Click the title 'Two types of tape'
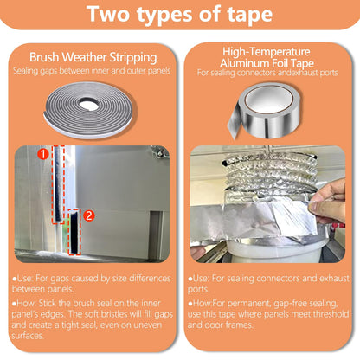pyautogui.click(x=179, y=16)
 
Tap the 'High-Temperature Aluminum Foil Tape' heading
pyautogui.click(x=269, y=59)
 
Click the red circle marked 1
pyautogui.click(x=41, y=155)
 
